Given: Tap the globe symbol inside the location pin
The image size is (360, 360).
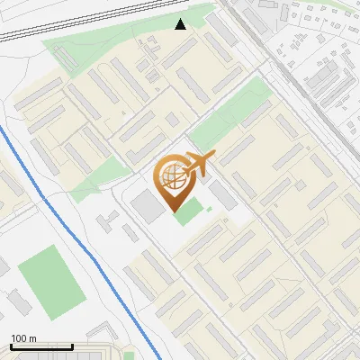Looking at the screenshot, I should [x=171, y=176].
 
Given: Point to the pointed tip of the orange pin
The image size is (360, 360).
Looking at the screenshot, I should [x=172, y=209].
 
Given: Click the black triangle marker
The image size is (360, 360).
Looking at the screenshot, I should [x=181, y=24].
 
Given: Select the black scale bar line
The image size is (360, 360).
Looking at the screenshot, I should [x=41, y=346].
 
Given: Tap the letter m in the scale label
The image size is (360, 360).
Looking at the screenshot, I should [x=32, y=338].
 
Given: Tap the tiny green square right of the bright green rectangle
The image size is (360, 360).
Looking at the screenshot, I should [x=209, y=211].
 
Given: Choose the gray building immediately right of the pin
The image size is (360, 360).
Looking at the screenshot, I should [x=220, y=193].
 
